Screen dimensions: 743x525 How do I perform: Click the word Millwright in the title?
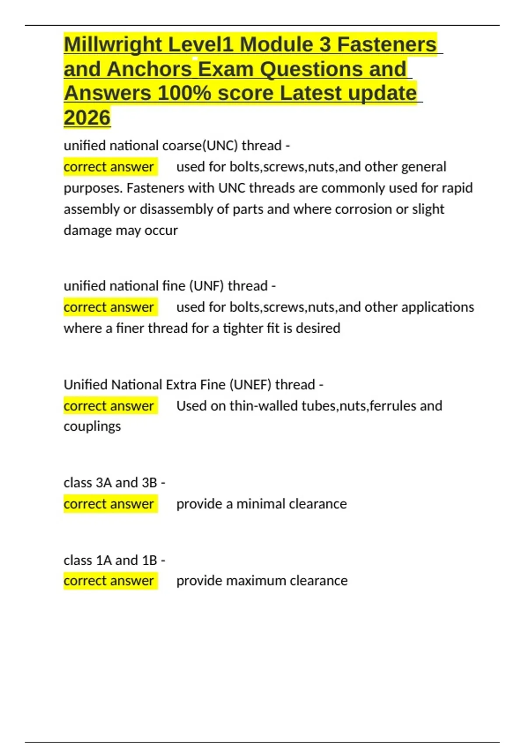(x=113, y=45)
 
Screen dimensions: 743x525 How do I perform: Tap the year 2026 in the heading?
(x=87, y=118)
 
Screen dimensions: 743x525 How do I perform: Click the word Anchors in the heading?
(x=149, y=69)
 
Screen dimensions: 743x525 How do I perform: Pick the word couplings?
(x=92, y=426)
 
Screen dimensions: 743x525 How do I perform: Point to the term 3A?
(x=104, y=483)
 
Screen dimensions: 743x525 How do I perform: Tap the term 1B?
(x=149, y=560)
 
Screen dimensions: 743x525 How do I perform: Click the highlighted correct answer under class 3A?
(x=109, y=504)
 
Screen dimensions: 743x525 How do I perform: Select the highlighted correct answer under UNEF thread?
(x=109, y=406)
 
